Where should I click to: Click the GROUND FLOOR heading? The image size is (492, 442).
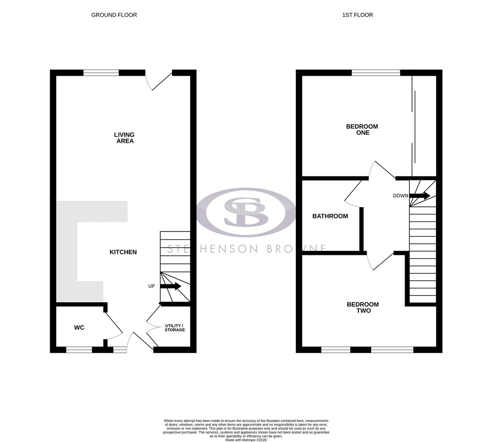[x=114, y=15]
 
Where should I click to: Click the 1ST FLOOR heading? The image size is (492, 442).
[x=358, y=15]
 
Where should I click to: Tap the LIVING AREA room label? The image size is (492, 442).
[x=124, y=138]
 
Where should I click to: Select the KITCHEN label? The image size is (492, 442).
[x=123, y=252]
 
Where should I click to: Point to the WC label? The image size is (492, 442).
[x=79, y=327]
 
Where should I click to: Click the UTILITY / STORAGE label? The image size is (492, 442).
[x=174, y=328]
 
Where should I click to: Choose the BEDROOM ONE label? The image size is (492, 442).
[x=362, y=130]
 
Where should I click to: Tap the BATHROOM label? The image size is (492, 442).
[x=330, y=216]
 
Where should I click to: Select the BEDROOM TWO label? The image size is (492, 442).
[x=363, y=307]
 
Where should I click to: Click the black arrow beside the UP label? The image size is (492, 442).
[x=171, y=286]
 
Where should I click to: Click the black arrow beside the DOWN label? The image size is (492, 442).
[x=420, y=196]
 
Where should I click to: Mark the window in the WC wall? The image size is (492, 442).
[x=79, y=350]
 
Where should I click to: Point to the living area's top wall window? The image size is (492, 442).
[x=101, y=73]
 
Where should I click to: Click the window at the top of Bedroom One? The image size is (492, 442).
[x=376, y=73]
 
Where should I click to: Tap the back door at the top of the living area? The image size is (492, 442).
[x=159, y=81]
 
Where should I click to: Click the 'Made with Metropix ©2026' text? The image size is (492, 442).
[x=246, y=440]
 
